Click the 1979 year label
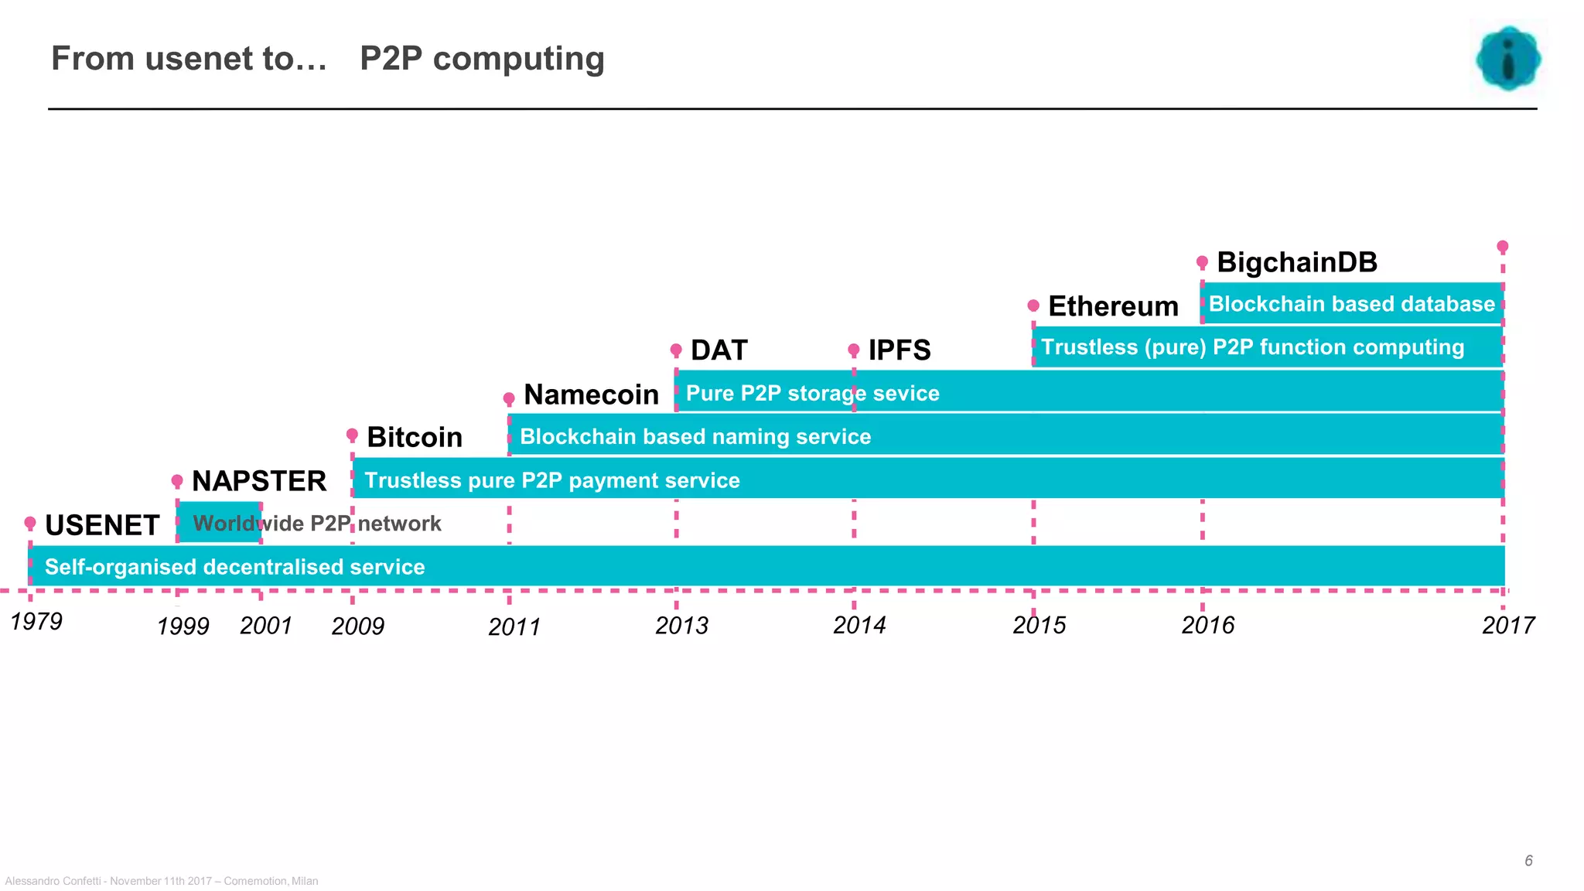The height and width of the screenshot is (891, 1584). pos(36,621)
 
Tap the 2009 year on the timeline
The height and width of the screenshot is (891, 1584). pos(357,626)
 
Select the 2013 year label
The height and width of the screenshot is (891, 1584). pos(681,625)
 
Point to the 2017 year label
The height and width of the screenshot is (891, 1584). pos(1507,625)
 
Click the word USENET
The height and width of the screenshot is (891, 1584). pos(102,525)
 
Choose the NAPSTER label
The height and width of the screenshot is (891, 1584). pos(258,481)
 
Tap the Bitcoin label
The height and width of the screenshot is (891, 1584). pos(415,437)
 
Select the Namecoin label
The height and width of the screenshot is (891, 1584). pos(591,394)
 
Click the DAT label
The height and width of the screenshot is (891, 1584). pos(719,350)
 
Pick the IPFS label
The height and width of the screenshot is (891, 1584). pos(899,350)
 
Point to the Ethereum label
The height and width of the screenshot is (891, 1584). pos(1113,306)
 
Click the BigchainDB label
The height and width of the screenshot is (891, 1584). pos(1297,262)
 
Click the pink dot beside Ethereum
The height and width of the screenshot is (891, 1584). pos(1033,306)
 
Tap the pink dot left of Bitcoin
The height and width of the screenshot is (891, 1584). pos(352,435)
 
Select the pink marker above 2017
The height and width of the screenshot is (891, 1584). pos(1502,247)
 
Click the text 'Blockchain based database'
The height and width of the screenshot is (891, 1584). pos(1351,304)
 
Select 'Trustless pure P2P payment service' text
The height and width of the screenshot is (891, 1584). pos(551,480)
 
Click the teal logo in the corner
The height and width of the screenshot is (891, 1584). pos(1507,59)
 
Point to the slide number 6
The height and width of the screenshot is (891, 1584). pos(1528,861)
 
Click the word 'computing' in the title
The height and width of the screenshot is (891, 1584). pos(518,60)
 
